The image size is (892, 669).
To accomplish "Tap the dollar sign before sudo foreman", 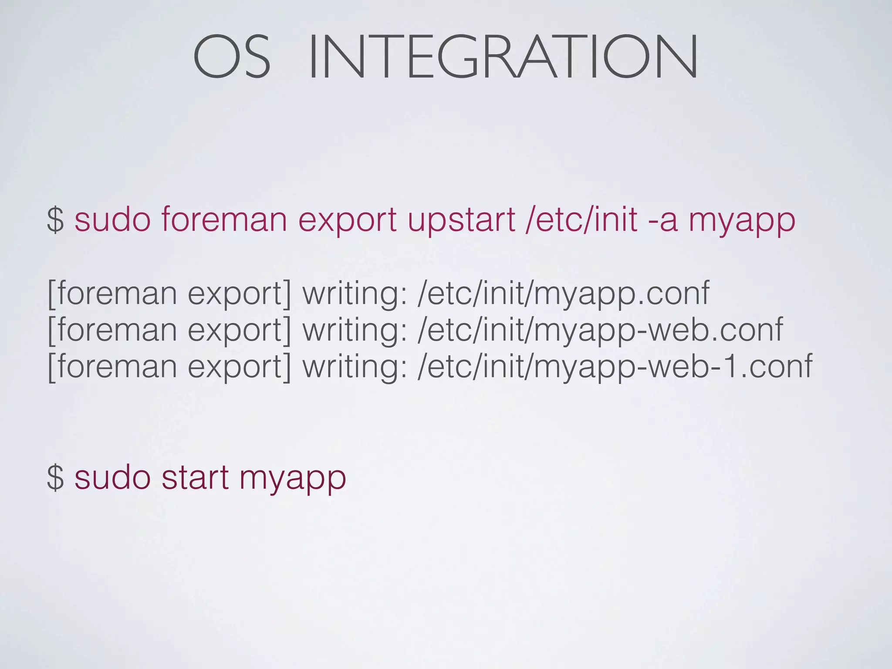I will [x=55, y=220].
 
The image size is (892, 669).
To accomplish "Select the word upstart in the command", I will [x=461, y=220].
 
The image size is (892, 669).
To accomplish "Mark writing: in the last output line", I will [x=355, y=366].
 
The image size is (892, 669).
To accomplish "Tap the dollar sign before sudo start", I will [x=55, y=477].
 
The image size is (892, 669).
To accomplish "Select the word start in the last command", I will [x=195, y=477].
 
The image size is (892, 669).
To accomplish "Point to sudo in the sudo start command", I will [x=112, y=477].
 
